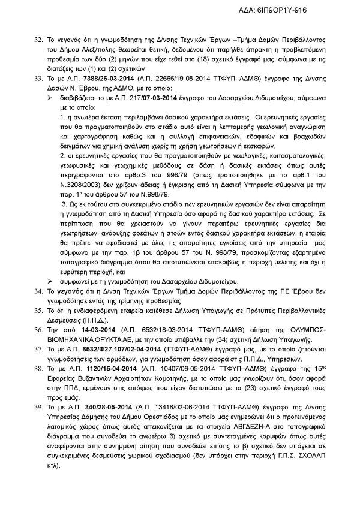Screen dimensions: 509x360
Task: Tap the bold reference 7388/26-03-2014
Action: (x=94, y=77)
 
